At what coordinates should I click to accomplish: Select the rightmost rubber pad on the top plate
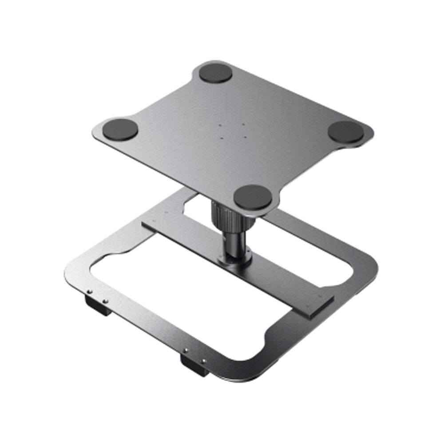point(347,132)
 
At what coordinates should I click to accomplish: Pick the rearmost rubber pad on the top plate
point(215,74)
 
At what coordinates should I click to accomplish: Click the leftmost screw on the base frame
point(89,292)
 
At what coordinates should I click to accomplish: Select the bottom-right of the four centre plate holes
point(245,136)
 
